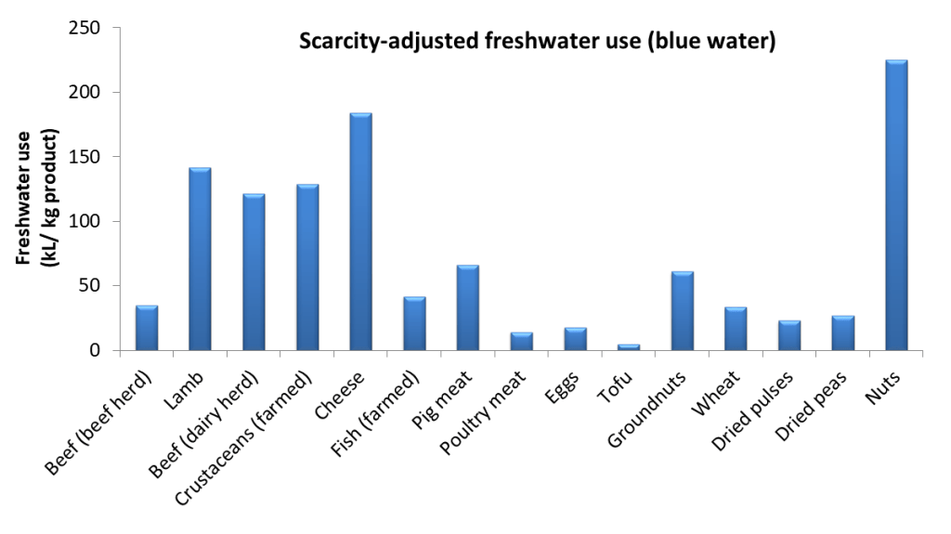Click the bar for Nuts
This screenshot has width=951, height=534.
896,205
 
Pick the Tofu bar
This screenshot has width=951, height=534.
629,347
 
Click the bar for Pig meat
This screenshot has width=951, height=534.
468,307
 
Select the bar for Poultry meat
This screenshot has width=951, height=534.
521,341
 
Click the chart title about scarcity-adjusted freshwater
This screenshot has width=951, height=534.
536,42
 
